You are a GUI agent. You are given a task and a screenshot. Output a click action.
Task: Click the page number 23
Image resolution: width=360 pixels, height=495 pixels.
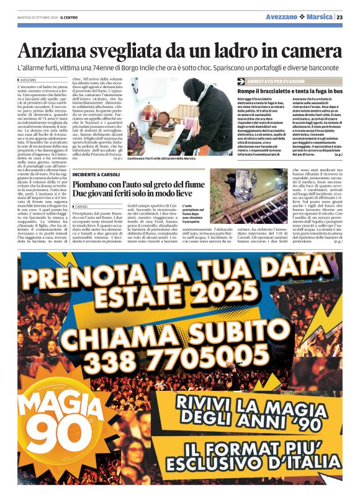coord(340,17)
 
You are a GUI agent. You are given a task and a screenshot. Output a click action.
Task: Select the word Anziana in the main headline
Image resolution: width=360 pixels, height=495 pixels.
coord(53,50)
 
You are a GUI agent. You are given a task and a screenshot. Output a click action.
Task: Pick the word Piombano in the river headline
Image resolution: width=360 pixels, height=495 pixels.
coord(99,184)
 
